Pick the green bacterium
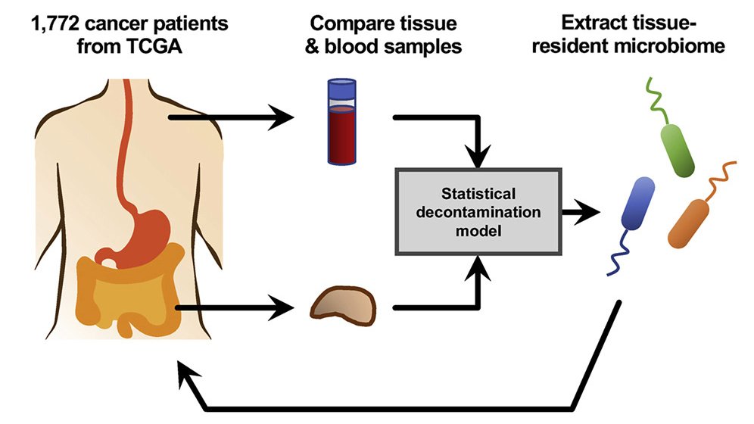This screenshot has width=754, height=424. point(678,148)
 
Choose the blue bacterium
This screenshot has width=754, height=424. point(637,203)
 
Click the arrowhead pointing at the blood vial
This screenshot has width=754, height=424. point(285,118)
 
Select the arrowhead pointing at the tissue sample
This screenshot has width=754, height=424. point(285,308)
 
